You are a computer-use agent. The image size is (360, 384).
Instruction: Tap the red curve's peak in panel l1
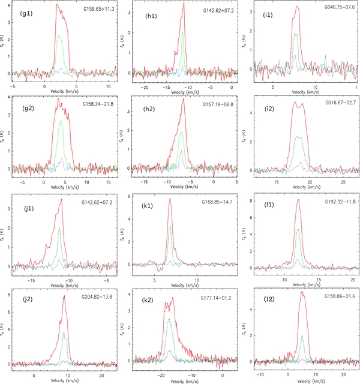tap(299, 200)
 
